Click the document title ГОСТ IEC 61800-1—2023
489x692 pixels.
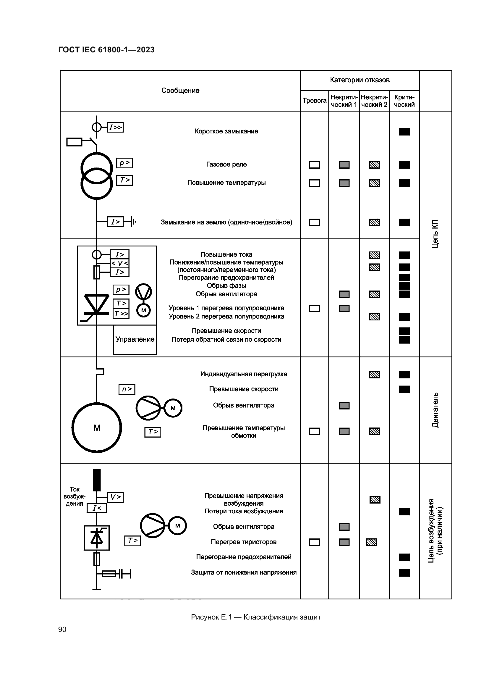click(106, 50)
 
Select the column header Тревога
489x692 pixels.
click(314, 101)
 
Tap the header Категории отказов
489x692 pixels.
click(360, 80)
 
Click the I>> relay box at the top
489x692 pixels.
click(115, 127)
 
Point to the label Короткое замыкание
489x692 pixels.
click(226, 131)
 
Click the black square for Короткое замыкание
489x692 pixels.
click(404, 132)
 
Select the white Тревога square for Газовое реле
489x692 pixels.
click(314, 165)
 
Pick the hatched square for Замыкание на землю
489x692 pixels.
click(374, 222)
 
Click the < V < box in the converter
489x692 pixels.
click(119, 263)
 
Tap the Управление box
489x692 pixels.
click(135, 339)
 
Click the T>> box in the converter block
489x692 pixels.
click(121, 314)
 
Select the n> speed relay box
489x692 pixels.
click(127, 389)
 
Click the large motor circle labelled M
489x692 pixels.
click(97, 428)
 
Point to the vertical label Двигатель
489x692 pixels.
click(435, 410)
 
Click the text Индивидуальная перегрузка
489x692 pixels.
click(243, 374)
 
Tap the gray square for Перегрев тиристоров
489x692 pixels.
click(344, 542)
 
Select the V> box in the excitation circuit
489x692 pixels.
click(115, 497)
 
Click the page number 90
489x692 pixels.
click(62, 629)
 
